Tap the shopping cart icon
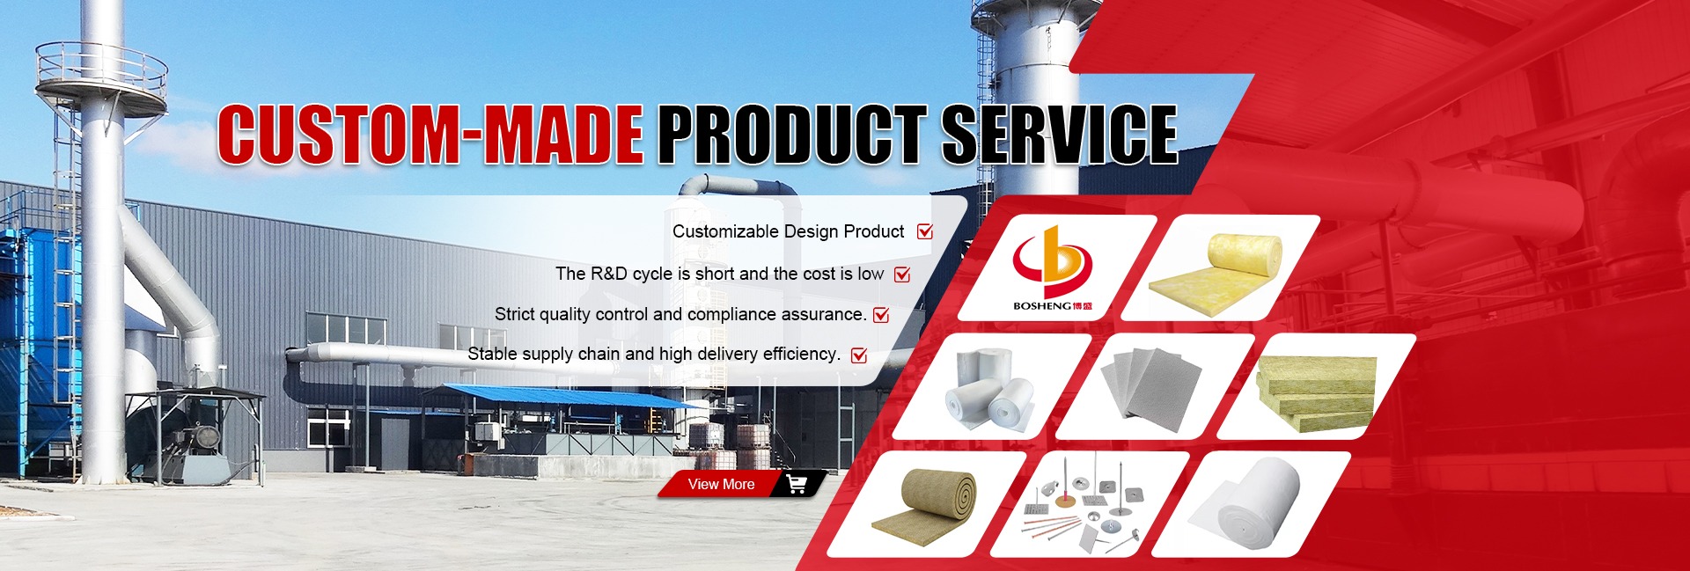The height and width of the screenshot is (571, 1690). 797,484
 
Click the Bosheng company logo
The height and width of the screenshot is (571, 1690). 1053,267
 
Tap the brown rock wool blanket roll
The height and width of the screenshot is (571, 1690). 926,504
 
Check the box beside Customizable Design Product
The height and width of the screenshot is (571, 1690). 925,231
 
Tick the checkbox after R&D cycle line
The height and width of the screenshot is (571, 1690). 902,274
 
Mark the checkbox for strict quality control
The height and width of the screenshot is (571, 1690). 881,314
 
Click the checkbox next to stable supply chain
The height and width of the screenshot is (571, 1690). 859,355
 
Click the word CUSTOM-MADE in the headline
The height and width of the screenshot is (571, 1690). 430,134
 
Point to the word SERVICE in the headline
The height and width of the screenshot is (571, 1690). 1060,134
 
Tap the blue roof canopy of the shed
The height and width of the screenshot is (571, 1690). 563,395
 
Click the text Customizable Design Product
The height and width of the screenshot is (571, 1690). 788,231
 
